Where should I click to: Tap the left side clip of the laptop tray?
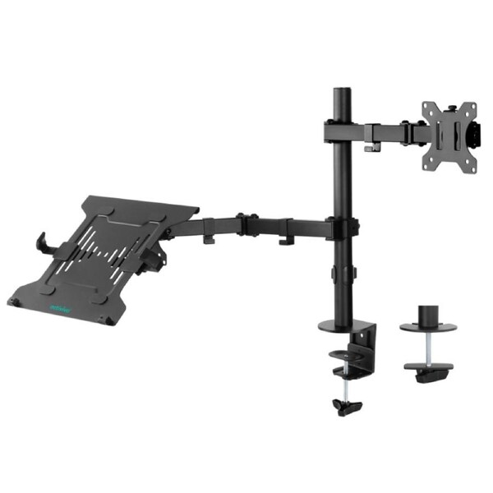click(x=42, y=243)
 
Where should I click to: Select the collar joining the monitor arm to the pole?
click(x=339, y=131)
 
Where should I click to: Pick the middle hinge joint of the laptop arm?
click(x=243, y=223)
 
